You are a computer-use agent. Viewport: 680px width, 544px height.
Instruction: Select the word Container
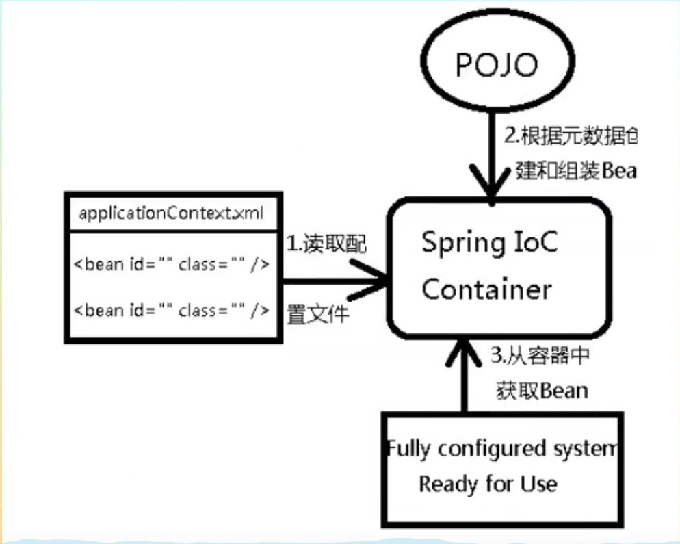tap(486, 289)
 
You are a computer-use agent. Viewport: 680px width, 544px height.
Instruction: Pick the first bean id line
tap(172, 264)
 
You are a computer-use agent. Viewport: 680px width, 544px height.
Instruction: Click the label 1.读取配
tap(326, 245)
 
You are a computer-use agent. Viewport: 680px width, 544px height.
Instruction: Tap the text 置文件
tap(316, 313)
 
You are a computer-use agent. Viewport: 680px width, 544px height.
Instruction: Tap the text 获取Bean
tap(540, 391)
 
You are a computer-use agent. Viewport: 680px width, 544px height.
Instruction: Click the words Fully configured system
tap(501, 449)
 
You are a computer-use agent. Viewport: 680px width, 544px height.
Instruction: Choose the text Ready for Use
tap(488, 484)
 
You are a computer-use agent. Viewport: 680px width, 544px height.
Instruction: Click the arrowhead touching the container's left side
tap(374, 281)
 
